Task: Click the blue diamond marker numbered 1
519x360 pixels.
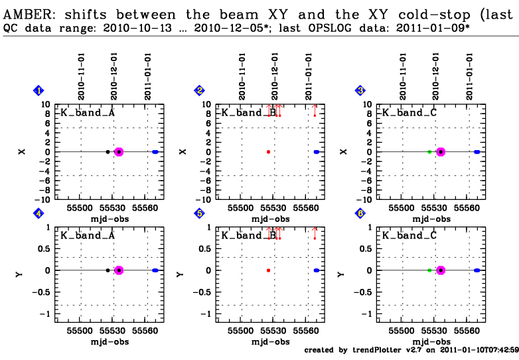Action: tap(40, 91)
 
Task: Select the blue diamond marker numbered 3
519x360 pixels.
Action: tap(360, 91)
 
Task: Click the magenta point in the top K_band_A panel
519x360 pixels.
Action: tap(119, 151)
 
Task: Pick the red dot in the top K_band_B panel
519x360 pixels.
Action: tap(268, 151)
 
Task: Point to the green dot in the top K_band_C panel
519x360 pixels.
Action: tap(429, 151)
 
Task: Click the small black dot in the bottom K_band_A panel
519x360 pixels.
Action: tap(108, 270)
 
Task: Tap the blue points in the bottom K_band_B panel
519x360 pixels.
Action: tap(316, 270)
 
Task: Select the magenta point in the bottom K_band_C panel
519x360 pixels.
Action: tap(440, 270)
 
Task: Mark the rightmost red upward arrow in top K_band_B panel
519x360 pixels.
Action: tap(315, 109)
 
